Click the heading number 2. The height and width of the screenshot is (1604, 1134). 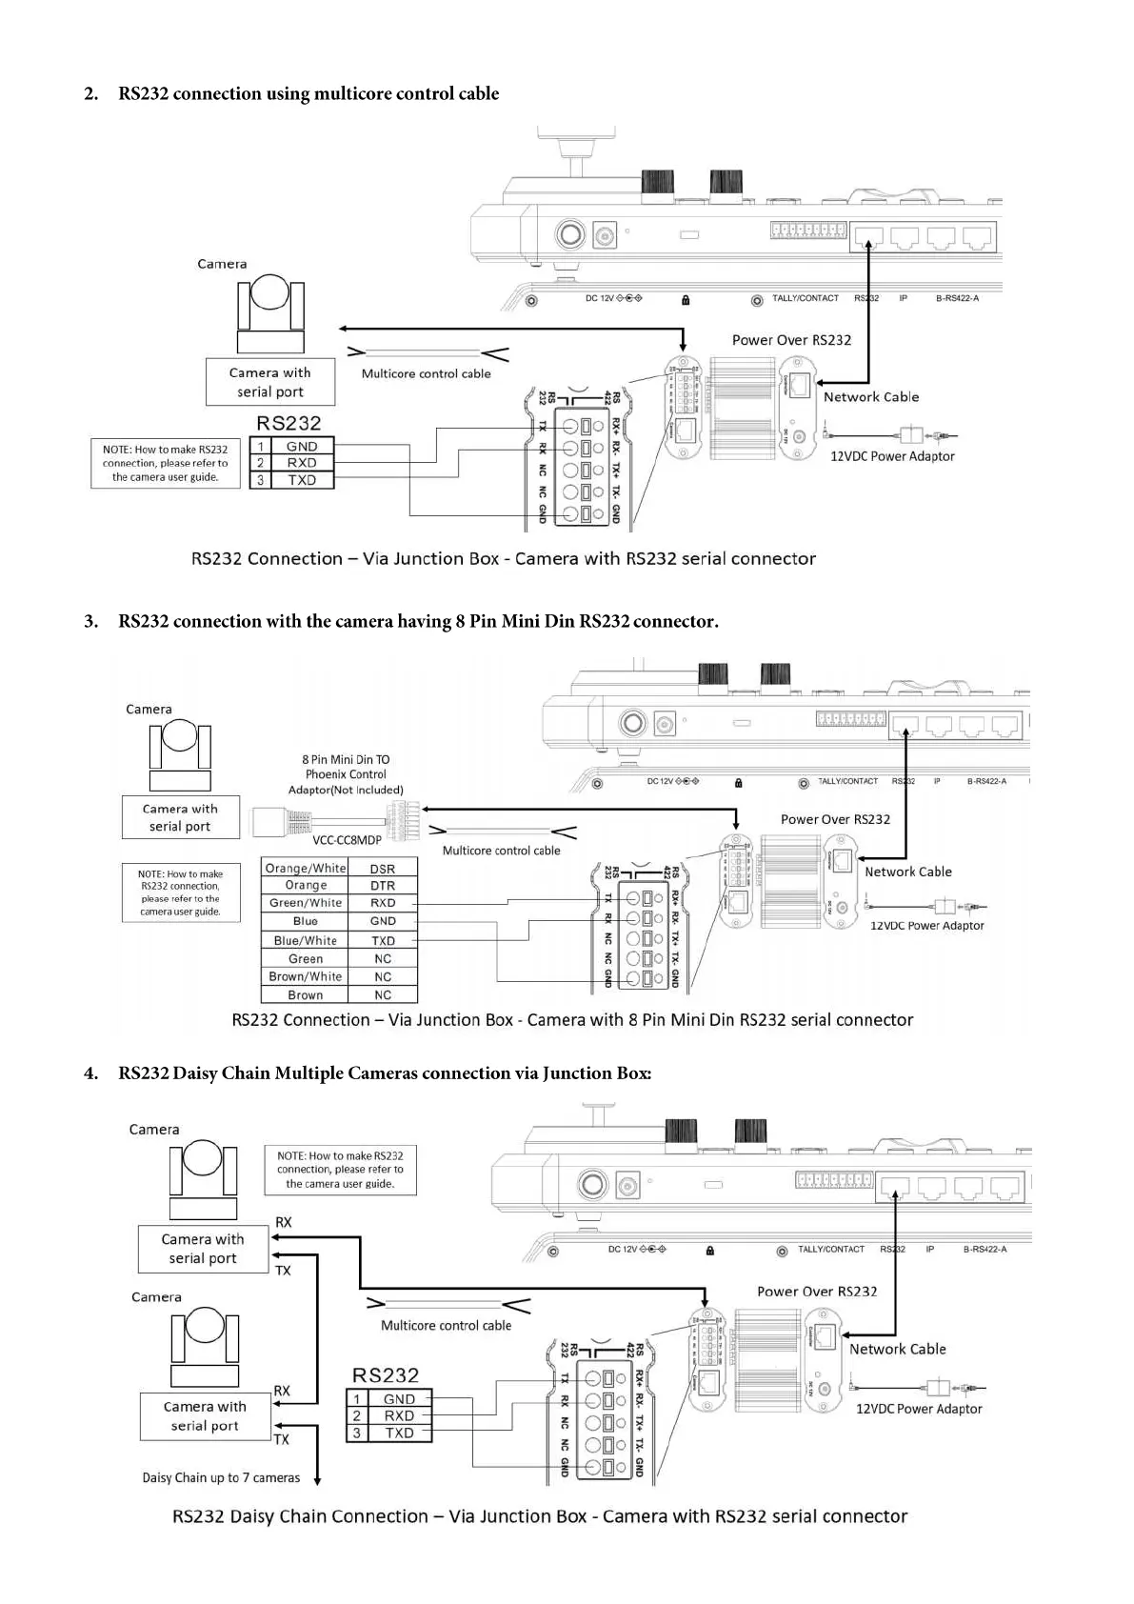90,93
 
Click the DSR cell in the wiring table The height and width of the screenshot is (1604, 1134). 383,869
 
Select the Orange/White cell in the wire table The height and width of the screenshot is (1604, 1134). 305,869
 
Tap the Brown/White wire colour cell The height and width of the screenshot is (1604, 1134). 305,976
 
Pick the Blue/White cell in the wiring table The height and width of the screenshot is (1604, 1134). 305,940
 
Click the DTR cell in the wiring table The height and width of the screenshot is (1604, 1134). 383,886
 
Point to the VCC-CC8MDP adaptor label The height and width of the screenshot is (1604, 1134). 347,840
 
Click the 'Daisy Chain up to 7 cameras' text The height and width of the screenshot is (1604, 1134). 221,1477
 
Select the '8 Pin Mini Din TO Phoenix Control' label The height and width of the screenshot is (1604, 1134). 346,767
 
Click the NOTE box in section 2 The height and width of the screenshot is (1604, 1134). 166,463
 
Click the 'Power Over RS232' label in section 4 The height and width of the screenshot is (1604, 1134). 817,1292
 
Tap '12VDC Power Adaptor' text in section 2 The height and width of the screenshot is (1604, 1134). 892,456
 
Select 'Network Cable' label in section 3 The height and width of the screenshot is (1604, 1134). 907,872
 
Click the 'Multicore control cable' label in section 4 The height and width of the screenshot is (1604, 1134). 446,1325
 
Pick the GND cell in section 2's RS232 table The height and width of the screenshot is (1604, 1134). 302,446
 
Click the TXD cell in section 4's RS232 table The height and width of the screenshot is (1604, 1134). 399,1433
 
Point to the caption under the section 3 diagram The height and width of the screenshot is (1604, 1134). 572,1020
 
